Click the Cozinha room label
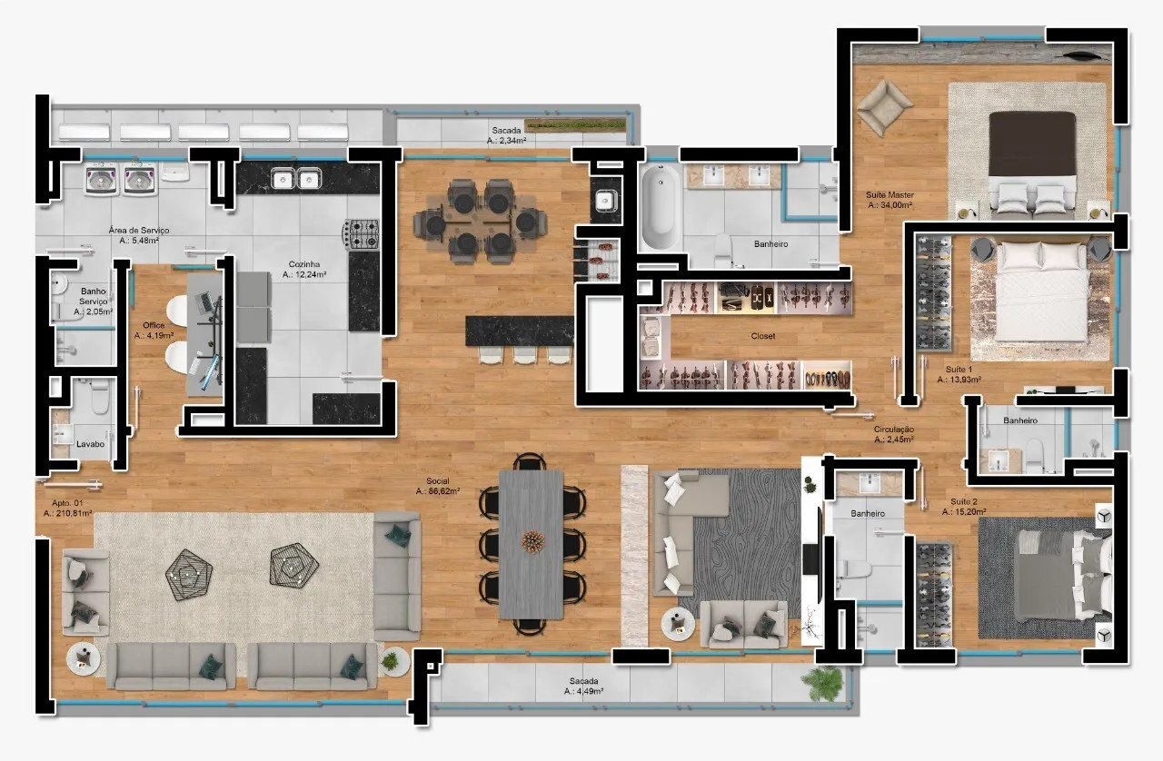click(x=304, y=264)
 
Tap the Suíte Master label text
click(x=890, y=195)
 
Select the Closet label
click(x=763, y=336)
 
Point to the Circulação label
click(x=893, y=430)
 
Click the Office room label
click(x=154, y=325)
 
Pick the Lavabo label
click(x=90, y=444)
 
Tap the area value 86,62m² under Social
click(x=438, y=491)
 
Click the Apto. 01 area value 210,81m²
click(x=68, y=513)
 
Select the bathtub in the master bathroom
click(x=661, y=206)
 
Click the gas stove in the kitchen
click(x=362, y=234)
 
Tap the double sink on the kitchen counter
click(x=296, y=179)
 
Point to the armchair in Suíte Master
click(x=885, y=107)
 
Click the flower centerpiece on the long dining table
click(x=532, y=540)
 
